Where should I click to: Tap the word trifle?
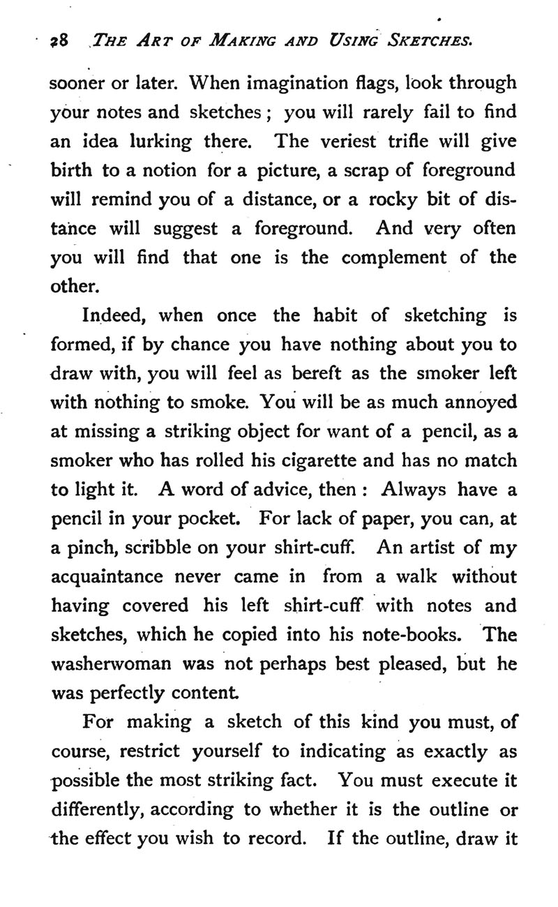click(x=425, y=142)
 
